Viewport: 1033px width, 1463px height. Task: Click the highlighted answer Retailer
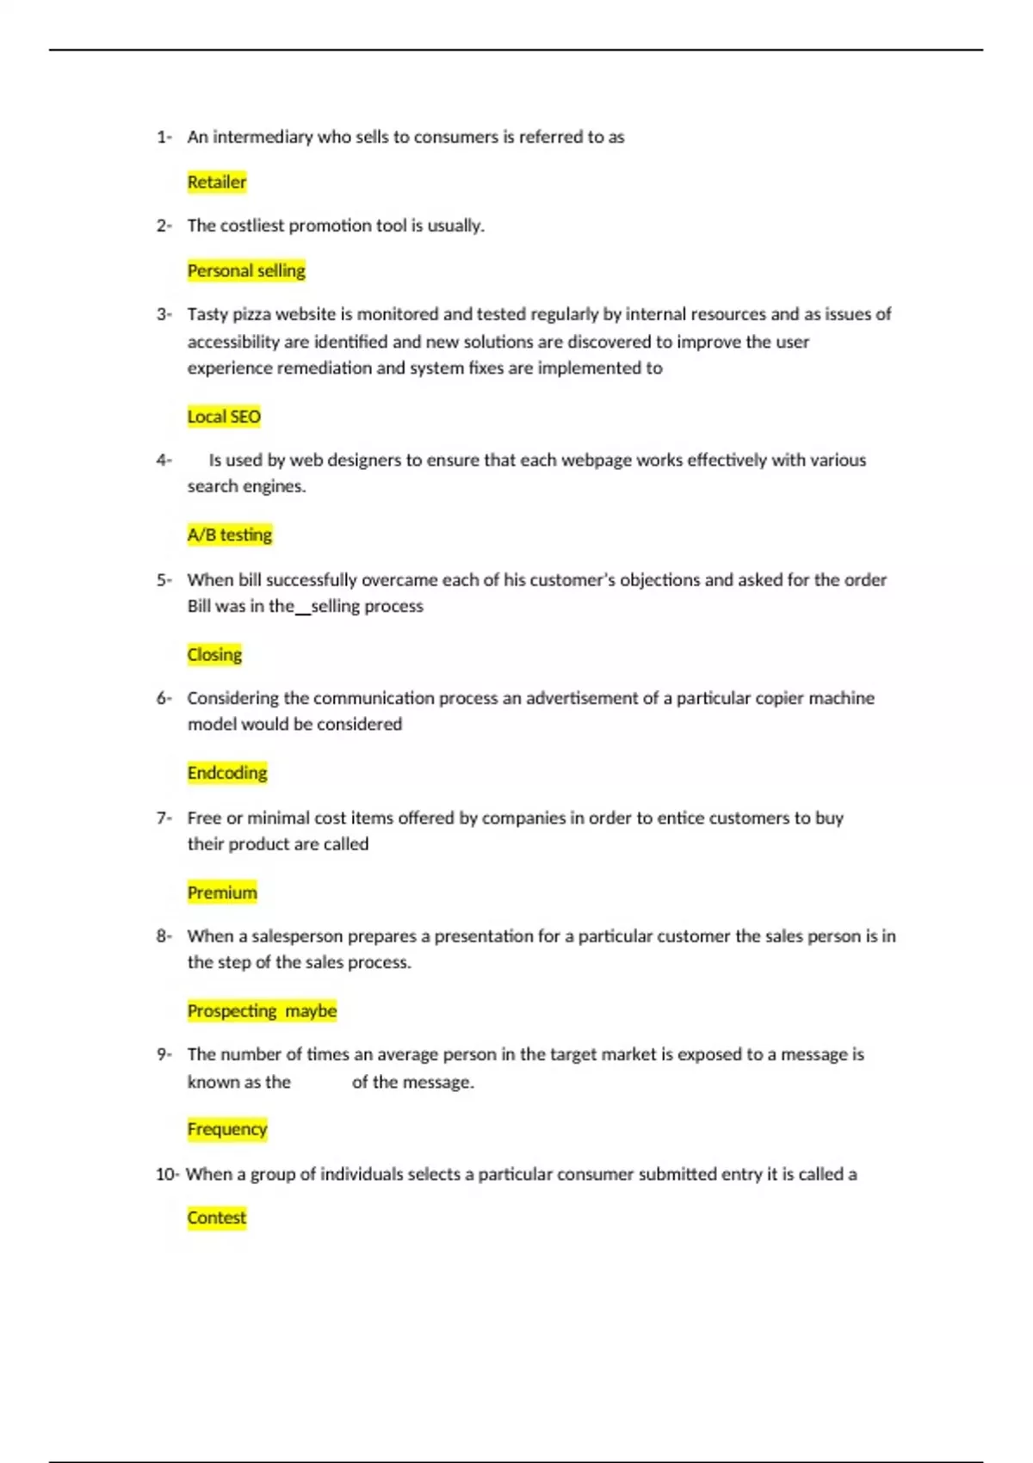(x=217, y=182)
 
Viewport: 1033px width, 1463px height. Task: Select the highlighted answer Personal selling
(x=246, y=271)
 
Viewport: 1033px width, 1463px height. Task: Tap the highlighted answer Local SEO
(x=224, y=417)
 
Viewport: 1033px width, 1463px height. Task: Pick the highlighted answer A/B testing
(x=230, y=535)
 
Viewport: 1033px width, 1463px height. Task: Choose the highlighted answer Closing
(x=214, y=655)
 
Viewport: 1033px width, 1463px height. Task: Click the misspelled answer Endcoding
(x=227, y=773)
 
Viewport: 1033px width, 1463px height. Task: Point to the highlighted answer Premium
(x=222, y=893)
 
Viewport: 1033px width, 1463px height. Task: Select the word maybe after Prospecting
(x=311, y=1011)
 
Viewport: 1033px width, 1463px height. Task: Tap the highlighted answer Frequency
(x=227, y=1129)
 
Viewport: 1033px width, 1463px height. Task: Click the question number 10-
(x=167, y=1175)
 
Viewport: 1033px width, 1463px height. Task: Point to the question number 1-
(x=164, y=137)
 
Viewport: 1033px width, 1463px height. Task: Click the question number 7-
(x=164, y=818)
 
